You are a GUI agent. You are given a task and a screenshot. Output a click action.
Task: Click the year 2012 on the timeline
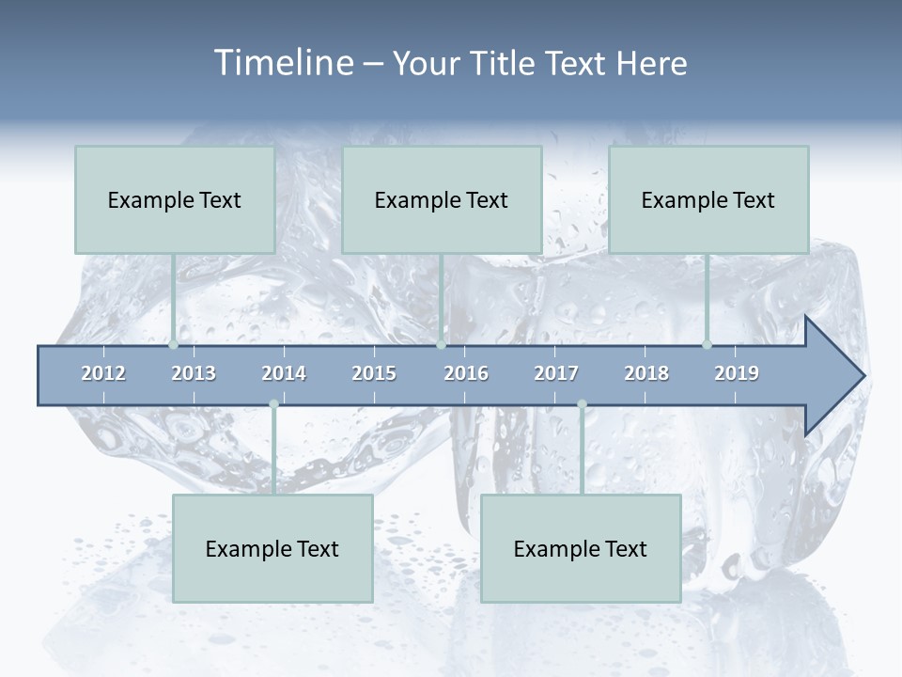coord(103,373)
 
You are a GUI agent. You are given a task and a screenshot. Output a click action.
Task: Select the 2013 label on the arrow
coord(194,373)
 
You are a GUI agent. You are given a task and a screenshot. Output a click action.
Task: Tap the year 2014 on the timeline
coord(284,373)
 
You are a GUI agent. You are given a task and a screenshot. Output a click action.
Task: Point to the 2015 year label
coord(374,373)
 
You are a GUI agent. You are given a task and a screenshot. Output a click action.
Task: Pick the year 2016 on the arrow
coord(466,373)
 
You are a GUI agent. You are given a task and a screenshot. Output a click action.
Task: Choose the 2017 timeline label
coord(556,373)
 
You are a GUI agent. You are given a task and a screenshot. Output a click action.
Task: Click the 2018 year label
coord(646,373)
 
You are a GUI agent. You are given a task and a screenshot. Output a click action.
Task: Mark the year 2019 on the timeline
coord(737,373)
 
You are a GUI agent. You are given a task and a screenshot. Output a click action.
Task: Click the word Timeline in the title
coord(282,63)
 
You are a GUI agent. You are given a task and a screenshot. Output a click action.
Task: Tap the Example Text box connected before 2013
coord(175,199)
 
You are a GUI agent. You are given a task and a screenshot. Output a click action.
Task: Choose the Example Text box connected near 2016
coord(442,199)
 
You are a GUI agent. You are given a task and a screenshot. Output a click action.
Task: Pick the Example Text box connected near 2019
coord(708,199)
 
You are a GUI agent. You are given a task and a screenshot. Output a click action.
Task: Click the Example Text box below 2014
coord(272,548)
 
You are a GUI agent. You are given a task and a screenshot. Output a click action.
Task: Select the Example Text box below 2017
coord(581,548)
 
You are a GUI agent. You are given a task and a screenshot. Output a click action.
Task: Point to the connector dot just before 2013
coord(174,345)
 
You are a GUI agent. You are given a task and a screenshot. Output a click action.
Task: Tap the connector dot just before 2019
coord(708,345)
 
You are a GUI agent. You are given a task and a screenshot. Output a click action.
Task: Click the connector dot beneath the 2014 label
coord(273,404)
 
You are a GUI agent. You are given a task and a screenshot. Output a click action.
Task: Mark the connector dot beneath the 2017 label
coord(582,404)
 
